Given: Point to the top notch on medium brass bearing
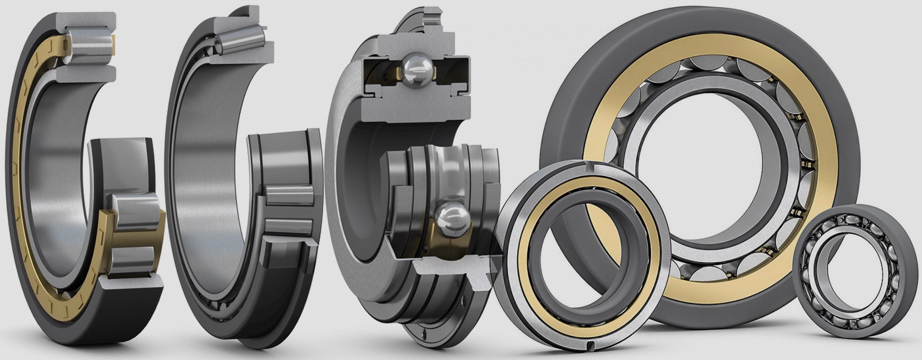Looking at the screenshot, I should (587, 167).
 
